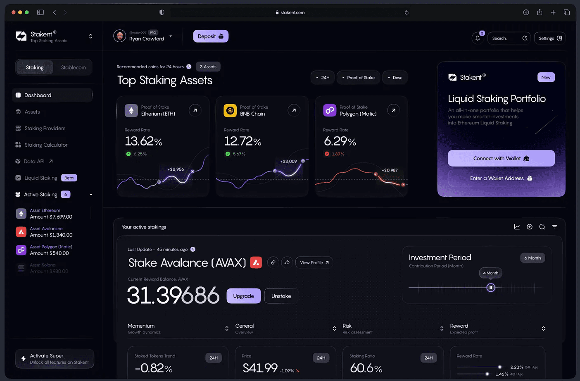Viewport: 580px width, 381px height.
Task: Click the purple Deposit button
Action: (x=210, y=36)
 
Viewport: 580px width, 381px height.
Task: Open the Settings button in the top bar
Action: (x=549, y=38)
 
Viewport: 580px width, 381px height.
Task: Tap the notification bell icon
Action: (x=478, y=38)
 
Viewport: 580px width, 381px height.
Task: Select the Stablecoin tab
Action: (x=73, y=67)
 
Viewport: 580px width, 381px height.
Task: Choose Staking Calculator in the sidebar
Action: (x=46, y=145)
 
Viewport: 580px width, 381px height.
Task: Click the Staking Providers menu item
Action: (x=45, y=128)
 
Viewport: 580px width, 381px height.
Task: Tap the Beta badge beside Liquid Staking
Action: (x=69, y=178)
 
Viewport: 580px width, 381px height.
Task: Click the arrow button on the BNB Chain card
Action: (x=294, y=110)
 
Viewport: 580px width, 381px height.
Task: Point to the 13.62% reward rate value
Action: (x=143, y=141)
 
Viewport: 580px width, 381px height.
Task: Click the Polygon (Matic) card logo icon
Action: (x=329, y=110)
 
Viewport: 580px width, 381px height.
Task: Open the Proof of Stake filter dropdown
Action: (x=358, y=78)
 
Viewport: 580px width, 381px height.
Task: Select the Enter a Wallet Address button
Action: (x=501, y=178)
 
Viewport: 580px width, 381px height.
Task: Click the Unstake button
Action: (x=281, y=296)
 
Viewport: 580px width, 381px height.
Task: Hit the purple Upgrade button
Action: (x=243, y=296)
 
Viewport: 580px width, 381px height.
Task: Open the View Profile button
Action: (x=314, y=262)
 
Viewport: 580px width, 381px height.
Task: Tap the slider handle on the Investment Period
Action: (x=491, y=288)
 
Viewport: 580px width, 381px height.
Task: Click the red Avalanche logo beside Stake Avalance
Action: (x=256, y=262)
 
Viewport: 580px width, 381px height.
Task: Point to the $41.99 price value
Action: (x=260, y=368)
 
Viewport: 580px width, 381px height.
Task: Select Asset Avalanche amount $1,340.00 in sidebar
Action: (x=51, y=232)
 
